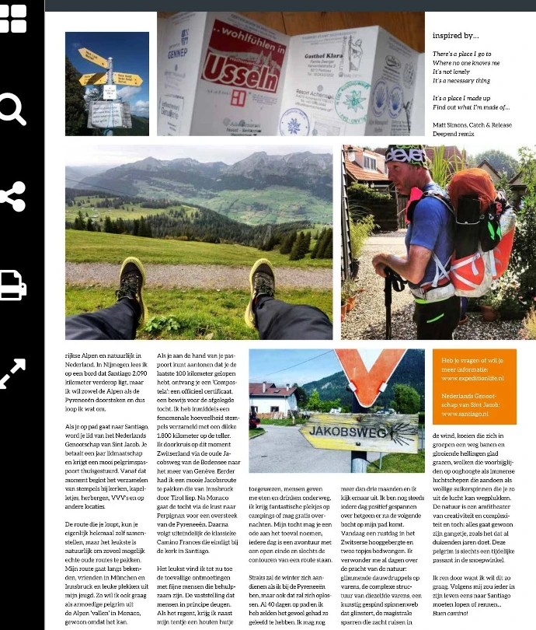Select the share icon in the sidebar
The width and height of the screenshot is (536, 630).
pyautogui.click(x=13, y=196)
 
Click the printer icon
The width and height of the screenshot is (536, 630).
pyautogui.click(x=12, y=285)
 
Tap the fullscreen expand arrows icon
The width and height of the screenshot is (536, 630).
pyautogui.click(x=12, y=373)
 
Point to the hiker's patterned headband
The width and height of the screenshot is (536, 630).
pyautogui.click(x=405, y=155)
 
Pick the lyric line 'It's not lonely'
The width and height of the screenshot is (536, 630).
pyautogui.click(x=451, y=72)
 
